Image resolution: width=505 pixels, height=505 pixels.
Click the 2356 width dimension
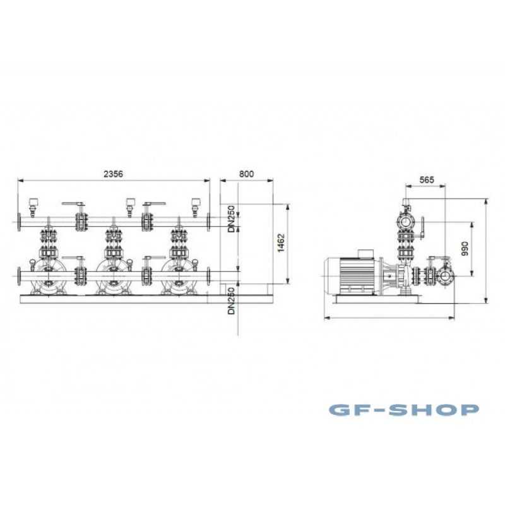pos(113,174)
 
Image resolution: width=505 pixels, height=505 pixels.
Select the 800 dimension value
pos(246,174)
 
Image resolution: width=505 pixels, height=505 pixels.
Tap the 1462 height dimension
pos(281,243)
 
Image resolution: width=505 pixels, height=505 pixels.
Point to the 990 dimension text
pos(465,249)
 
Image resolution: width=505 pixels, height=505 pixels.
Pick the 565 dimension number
pos(427,180)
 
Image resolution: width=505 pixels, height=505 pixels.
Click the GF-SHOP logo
pos(403,410)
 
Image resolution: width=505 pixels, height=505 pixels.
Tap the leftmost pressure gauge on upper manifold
pos(33,207)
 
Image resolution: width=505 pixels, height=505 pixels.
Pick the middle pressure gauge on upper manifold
pos(130,207)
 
